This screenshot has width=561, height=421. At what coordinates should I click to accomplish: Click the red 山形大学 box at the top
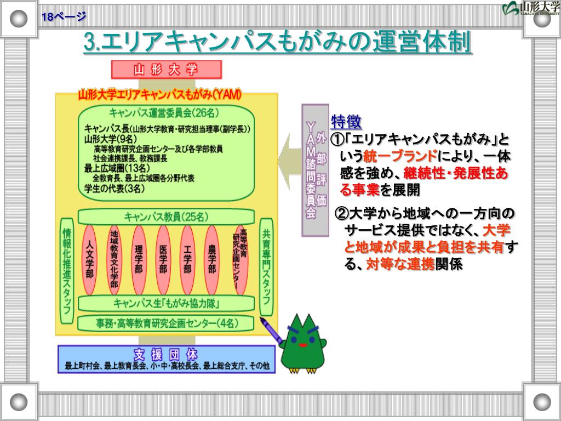coord(166,70)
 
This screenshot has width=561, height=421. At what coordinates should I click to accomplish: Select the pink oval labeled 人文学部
coord(90,259)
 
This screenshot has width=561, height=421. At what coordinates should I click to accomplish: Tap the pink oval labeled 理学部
coord(139,259)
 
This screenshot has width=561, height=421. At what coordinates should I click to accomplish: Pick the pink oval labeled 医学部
coord(163,259)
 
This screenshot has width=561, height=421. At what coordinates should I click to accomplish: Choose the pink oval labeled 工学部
coord(187,259)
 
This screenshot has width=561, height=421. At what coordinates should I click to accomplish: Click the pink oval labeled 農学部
coord(212,259)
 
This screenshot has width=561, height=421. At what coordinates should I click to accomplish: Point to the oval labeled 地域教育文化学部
coord(114,259)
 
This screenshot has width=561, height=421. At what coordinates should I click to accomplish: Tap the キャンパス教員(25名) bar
coord(166,217)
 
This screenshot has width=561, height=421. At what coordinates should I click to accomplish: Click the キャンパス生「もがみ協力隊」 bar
coord(166,303)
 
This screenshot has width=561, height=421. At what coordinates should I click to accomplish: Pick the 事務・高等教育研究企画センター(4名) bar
coord(166,323)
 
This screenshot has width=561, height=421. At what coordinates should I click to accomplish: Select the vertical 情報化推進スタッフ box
coord(67,271)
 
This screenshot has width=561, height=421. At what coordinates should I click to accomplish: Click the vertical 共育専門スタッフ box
coord(266,266)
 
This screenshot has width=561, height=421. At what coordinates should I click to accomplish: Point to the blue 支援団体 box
coord(166,359)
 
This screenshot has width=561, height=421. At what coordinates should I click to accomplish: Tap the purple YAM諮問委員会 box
coord(315,170)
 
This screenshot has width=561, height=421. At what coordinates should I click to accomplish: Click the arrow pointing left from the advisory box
coord(288,161)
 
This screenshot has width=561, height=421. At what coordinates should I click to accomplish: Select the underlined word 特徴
coord(346,121)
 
